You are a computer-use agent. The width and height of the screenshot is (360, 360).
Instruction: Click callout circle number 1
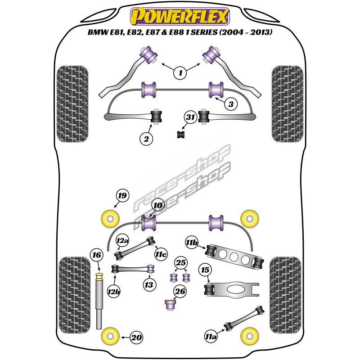[x=180, y=72]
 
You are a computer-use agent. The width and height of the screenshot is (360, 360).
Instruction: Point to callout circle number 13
[x=148, y=285]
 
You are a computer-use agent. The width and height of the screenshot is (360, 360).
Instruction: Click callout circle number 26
[x=180, y=292]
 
